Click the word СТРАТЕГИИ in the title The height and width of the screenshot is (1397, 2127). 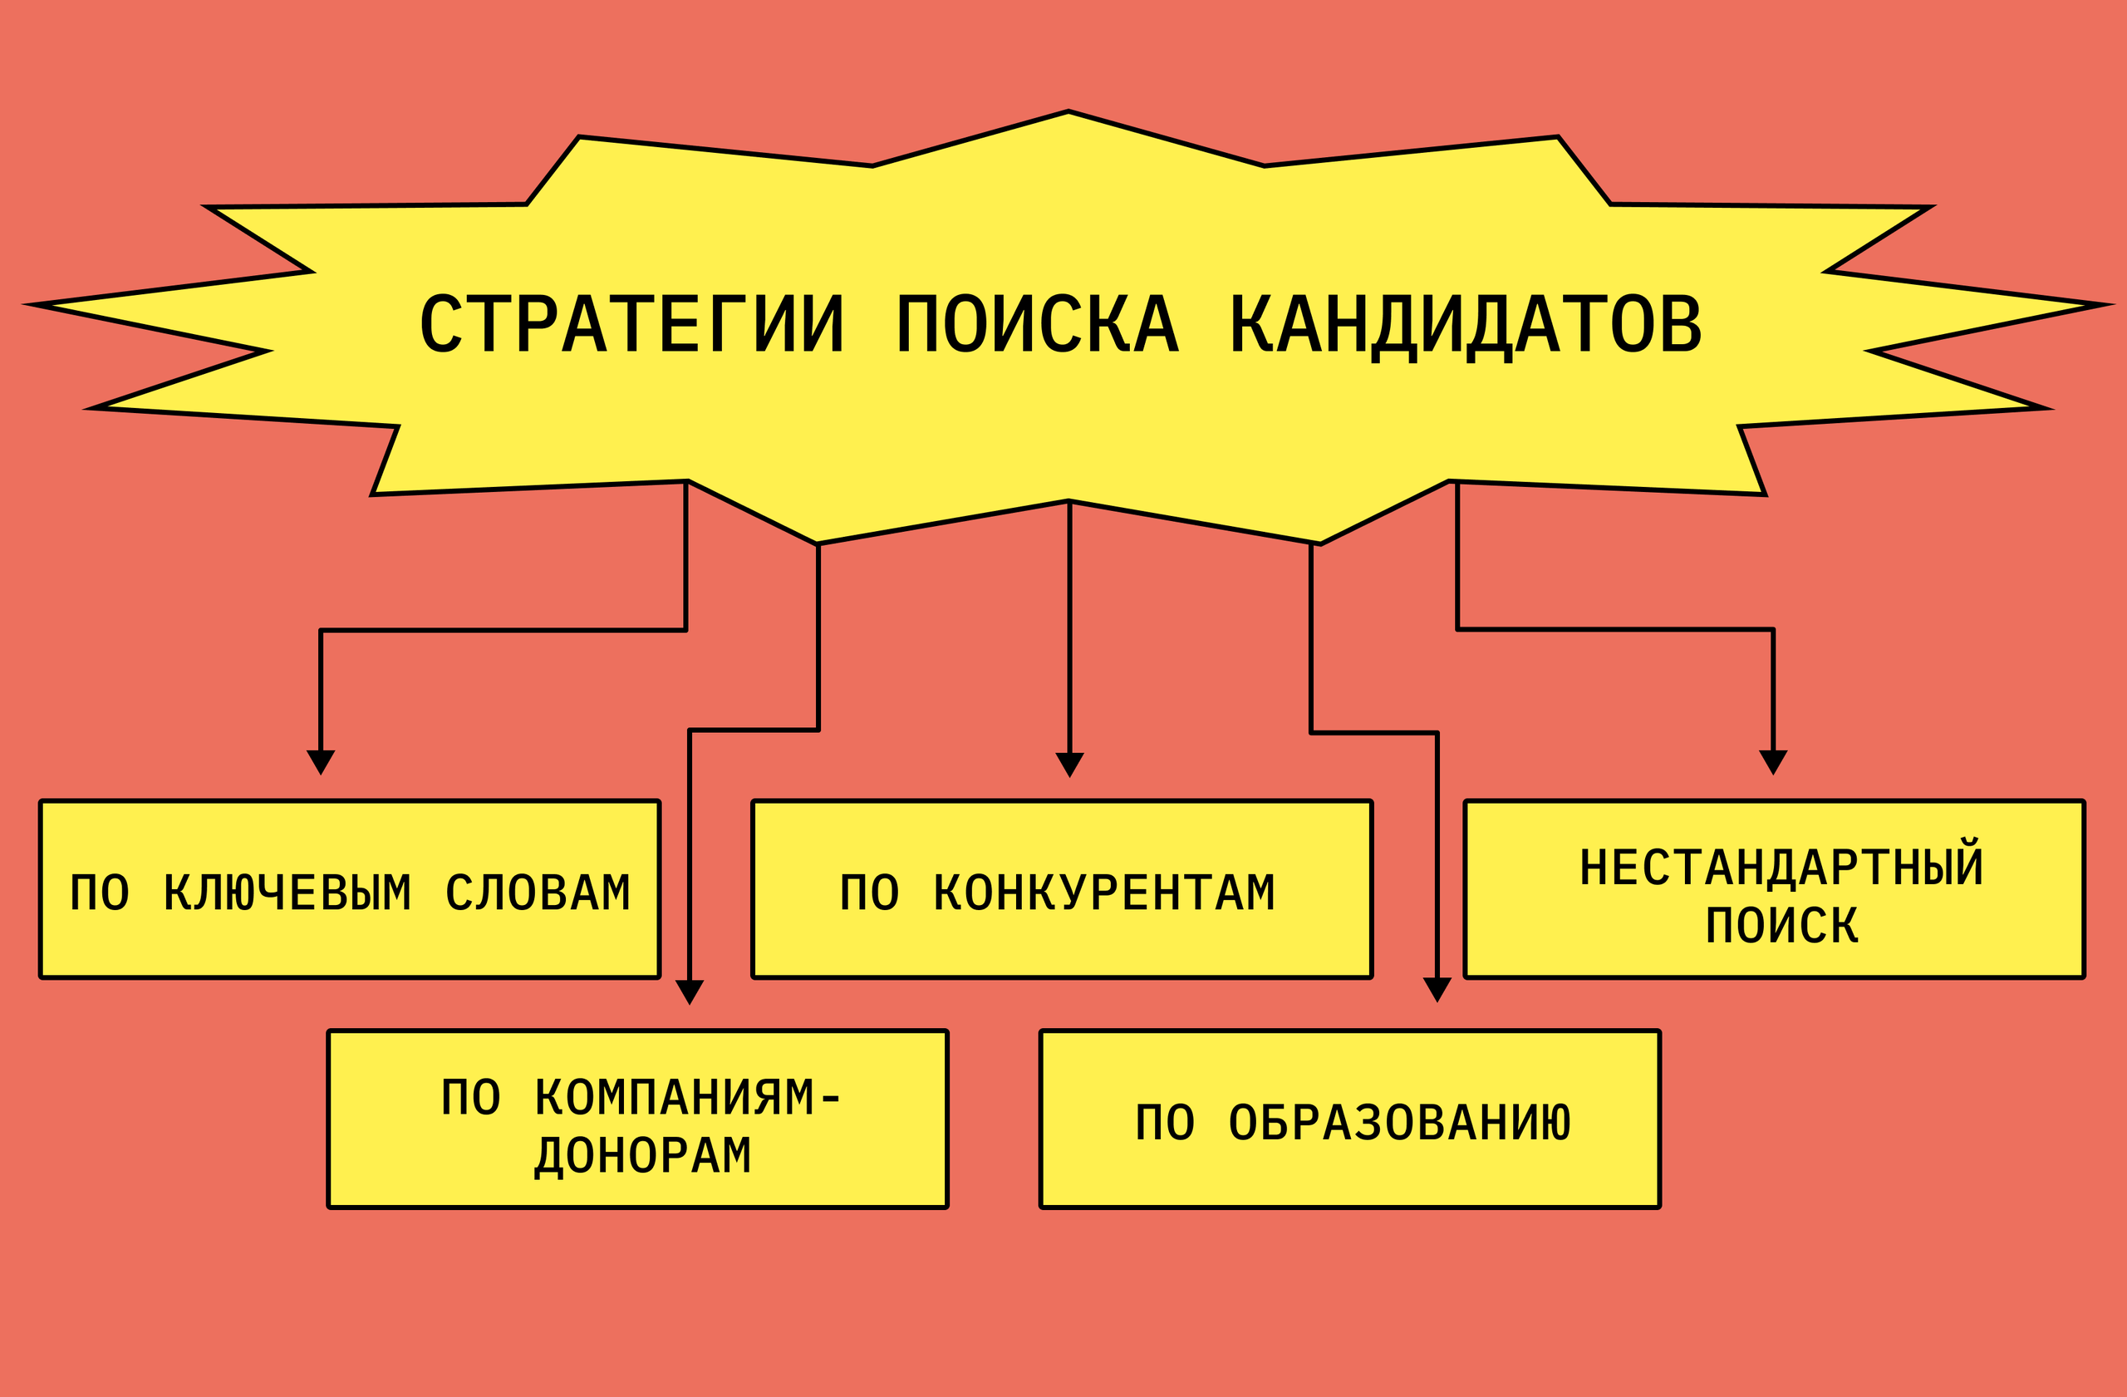click(x=631, y=323)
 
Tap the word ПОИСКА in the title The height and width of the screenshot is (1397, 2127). click(x=1039, y=323)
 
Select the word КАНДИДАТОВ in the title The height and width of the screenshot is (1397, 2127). click(x=1466, y=324)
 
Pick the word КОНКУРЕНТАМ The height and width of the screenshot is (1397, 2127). click(x=1104, y=893)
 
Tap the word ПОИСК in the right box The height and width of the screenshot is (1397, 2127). click(x=1782, y=925)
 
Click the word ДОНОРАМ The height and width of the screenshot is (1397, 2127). click(x=643, y=1156)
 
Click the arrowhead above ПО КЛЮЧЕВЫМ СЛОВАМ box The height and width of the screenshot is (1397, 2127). click(x=321, y=761)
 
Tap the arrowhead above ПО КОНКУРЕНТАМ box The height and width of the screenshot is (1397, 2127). click(x=1070, y=765)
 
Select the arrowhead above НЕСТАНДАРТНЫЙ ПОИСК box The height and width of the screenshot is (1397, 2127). click(x=1773, y=761)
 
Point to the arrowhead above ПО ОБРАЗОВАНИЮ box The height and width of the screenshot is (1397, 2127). click(x=1437, y=990)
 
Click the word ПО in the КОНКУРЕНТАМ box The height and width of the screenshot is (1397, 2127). click(x=869, y=893)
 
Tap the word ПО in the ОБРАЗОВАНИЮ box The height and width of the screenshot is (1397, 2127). click(x=1165, y=1123)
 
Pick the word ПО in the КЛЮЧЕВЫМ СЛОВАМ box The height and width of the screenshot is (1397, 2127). click(x=99, y=893)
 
